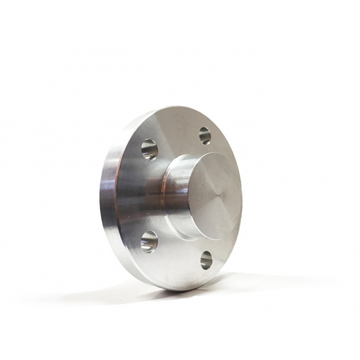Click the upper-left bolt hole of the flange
point(149,149)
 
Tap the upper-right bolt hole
point(205,135)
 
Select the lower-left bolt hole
point(149,241)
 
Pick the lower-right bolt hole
point(206,259)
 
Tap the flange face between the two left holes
point(143,195)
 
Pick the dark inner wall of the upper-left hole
point(146,147)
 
